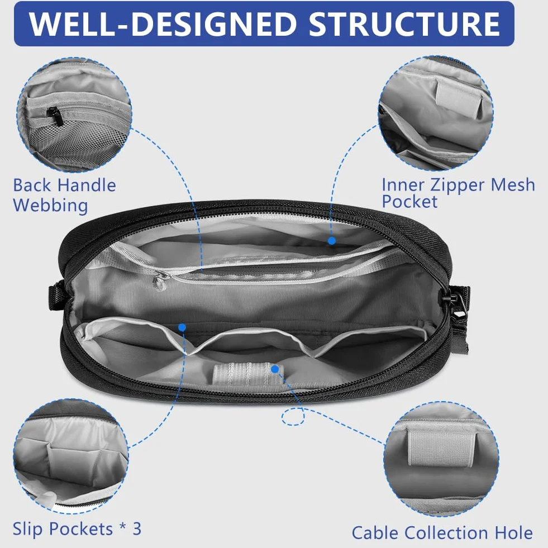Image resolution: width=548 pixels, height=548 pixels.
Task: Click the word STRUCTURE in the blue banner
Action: (404, 24)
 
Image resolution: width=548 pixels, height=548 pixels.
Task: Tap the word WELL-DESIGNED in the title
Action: (163, 24)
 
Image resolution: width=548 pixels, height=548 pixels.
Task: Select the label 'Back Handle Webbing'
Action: (65, 195)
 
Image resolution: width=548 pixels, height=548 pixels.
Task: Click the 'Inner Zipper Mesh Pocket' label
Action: (458, 193)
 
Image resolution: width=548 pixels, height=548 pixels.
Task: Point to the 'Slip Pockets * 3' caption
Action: (77, 529)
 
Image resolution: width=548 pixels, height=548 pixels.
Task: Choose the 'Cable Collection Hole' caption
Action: (442, 533)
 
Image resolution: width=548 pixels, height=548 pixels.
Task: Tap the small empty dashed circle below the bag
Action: (293, 417)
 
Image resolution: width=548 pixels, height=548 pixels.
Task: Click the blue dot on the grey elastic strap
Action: (275, 369)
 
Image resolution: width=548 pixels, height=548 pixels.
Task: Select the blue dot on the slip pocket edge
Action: (182, 327)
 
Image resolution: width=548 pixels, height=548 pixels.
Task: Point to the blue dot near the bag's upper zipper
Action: (332, 240)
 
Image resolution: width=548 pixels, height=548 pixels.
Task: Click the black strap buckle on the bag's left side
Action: (56, 297)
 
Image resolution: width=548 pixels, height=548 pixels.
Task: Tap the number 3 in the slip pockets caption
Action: (137, 528)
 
